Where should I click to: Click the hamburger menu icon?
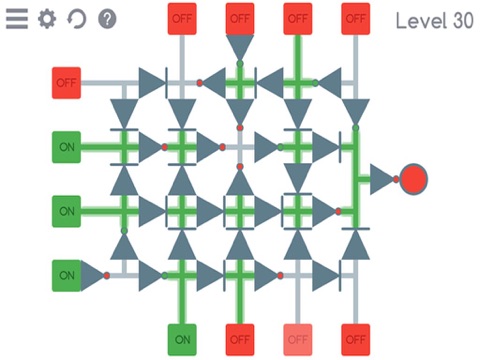click(17, 19)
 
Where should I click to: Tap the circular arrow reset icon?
click(77, 19)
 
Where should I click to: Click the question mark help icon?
click(107, 19)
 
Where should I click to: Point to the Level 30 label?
click(434, 20)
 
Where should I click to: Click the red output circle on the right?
click(414, 179)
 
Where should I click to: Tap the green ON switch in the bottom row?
click(181, 338)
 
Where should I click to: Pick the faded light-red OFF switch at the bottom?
click(297, 338)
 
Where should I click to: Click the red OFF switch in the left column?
click(66, 82)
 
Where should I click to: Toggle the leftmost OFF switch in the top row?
click(181, 18)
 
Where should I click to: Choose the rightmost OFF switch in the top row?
click(355, 18)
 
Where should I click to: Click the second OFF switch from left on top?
click(239, 18)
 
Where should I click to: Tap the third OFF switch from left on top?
click(297, 18)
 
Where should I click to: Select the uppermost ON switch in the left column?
click(66, 147)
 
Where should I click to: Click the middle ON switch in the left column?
click(66, 211)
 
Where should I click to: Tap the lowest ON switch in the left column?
click(66, 274)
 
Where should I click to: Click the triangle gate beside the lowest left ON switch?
click(93, 274)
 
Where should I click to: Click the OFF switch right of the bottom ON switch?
click(239, 338)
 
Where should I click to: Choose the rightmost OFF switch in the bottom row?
click(355, 338)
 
